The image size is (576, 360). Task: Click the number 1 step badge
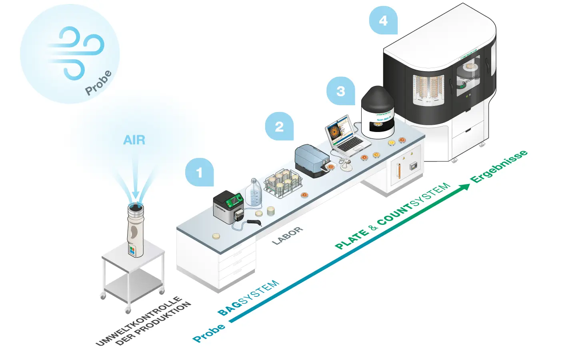(199, 172)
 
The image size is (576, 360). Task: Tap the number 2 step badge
(279, 126)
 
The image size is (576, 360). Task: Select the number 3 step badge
(341, 91)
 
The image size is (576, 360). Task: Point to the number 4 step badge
(383, 20)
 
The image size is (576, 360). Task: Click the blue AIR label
(134, 140)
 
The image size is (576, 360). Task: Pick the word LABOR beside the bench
(287, 236)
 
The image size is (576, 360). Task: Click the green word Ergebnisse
(499, 167)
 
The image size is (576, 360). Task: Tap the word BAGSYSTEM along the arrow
(248, 298)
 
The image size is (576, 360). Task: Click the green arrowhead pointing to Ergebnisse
(465, 187)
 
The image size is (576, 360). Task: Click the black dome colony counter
(378, 112)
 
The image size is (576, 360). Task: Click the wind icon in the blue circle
(76, 52)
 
